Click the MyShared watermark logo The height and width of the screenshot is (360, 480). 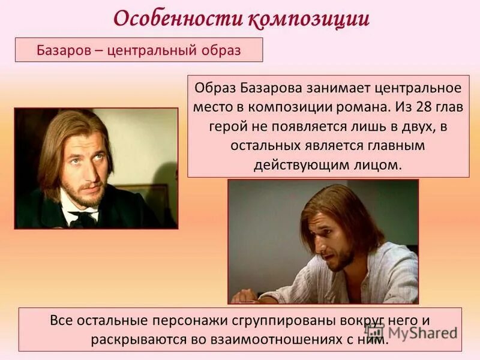(414, 332)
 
